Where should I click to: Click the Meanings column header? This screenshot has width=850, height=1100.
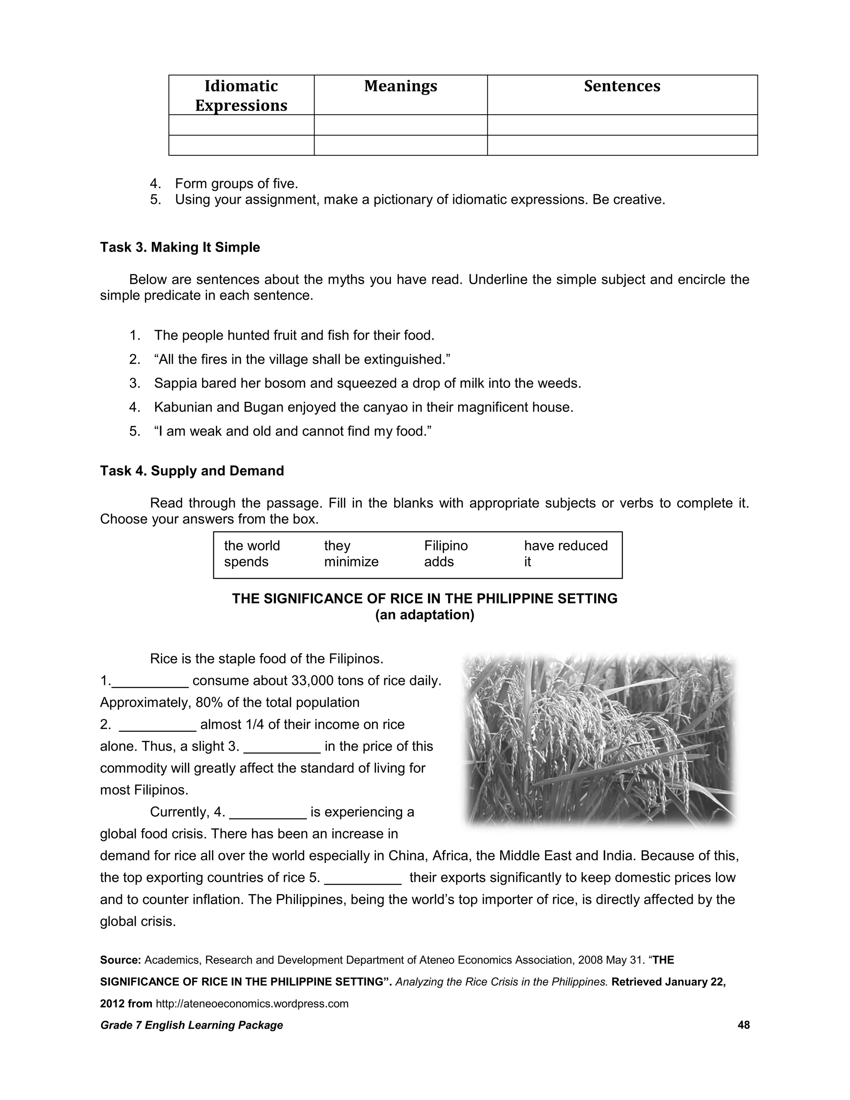click(x=401, y=86)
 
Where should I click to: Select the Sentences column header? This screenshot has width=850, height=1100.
click(x=622, y=86)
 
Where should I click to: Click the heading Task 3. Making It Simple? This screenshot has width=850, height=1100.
click(x=180, y=247)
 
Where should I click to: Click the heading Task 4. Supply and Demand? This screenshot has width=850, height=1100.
click(x=192, y=471)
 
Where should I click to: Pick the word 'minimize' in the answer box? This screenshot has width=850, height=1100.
click(x=351, y=562)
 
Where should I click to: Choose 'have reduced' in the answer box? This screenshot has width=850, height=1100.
click(x=566, y=545)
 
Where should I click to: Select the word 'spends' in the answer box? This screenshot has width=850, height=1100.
click(x=246, y=562)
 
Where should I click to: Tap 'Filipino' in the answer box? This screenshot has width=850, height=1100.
click(x=446, y=545)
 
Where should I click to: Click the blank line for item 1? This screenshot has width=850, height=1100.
click(x=150, y=682)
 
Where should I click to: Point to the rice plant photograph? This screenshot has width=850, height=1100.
click(x=599, y=738)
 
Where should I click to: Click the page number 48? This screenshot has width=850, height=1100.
click(x=743, y=1025)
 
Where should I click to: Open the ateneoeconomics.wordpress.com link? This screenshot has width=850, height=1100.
click(x=252, y=1004)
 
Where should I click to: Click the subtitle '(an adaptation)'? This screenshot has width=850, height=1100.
click(x=425, y=615)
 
